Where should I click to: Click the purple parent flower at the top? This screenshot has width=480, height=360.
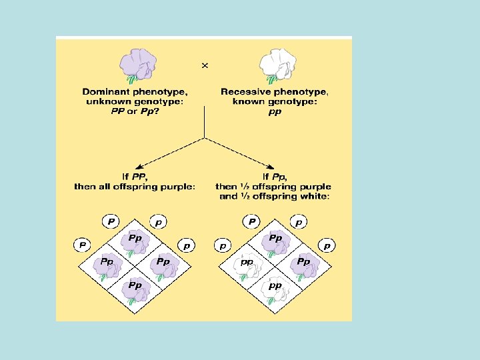tap(138, 64)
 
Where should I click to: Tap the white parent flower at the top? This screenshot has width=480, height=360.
tap(277, 65)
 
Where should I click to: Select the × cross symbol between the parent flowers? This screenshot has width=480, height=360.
tap(205, 65)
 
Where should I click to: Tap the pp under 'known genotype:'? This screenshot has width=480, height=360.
tap(274, 111)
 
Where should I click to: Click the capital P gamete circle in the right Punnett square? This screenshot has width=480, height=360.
tap(251, 221)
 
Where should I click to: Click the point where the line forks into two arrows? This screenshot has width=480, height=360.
tap(204, 138)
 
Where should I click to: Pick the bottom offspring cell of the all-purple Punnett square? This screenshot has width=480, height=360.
tap(136, 288)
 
